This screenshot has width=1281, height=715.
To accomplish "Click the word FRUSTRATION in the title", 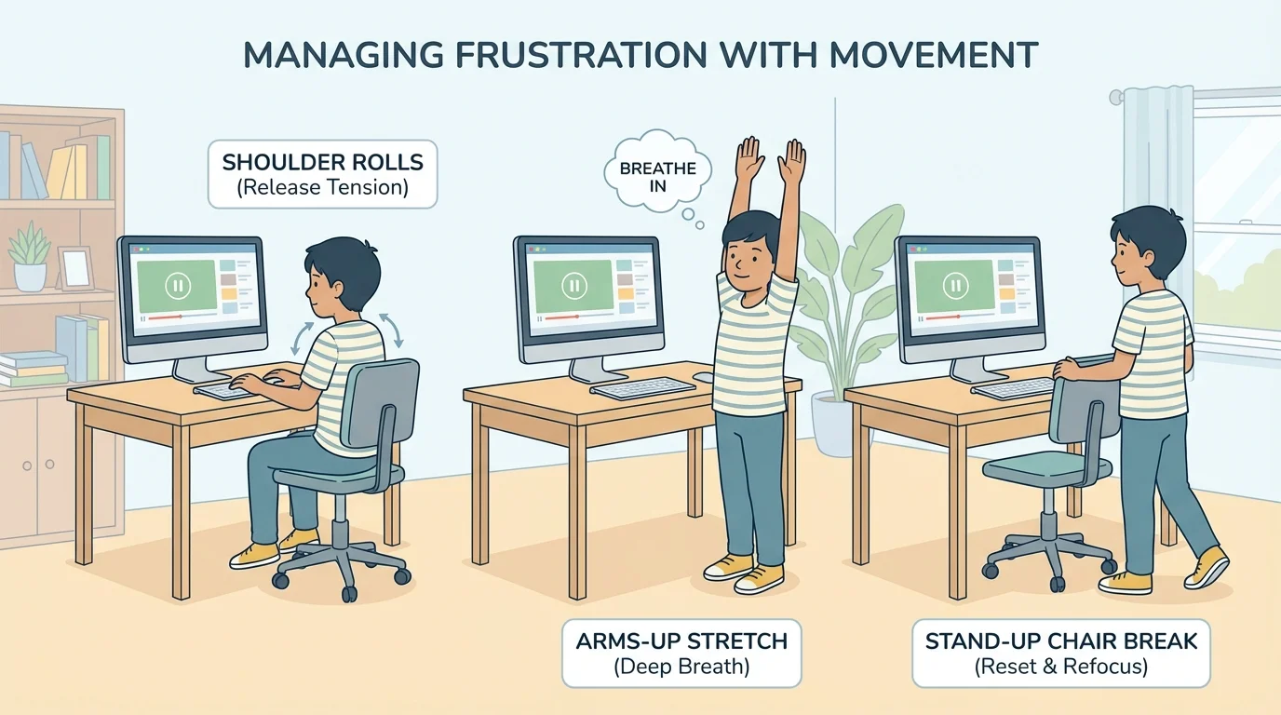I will point(552,55).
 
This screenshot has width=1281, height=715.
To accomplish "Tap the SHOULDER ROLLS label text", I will point(322,162).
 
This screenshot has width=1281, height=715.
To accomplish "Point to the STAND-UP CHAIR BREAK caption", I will point(1060,641).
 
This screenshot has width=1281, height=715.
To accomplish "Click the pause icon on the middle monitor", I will point(574,285).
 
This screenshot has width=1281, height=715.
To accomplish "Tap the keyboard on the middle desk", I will point(642,386).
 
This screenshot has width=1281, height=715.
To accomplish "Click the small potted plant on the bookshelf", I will point(30,255).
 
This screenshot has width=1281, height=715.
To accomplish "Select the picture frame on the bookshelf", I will point(75,267).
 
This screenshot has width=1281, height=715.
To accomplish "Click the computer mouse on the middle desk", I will point(704,377).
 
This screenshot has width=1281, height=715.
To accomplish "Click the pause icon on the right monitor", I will point(954,285).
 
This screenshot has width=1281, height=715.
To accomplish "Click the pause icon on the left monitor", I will point(177,285).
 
